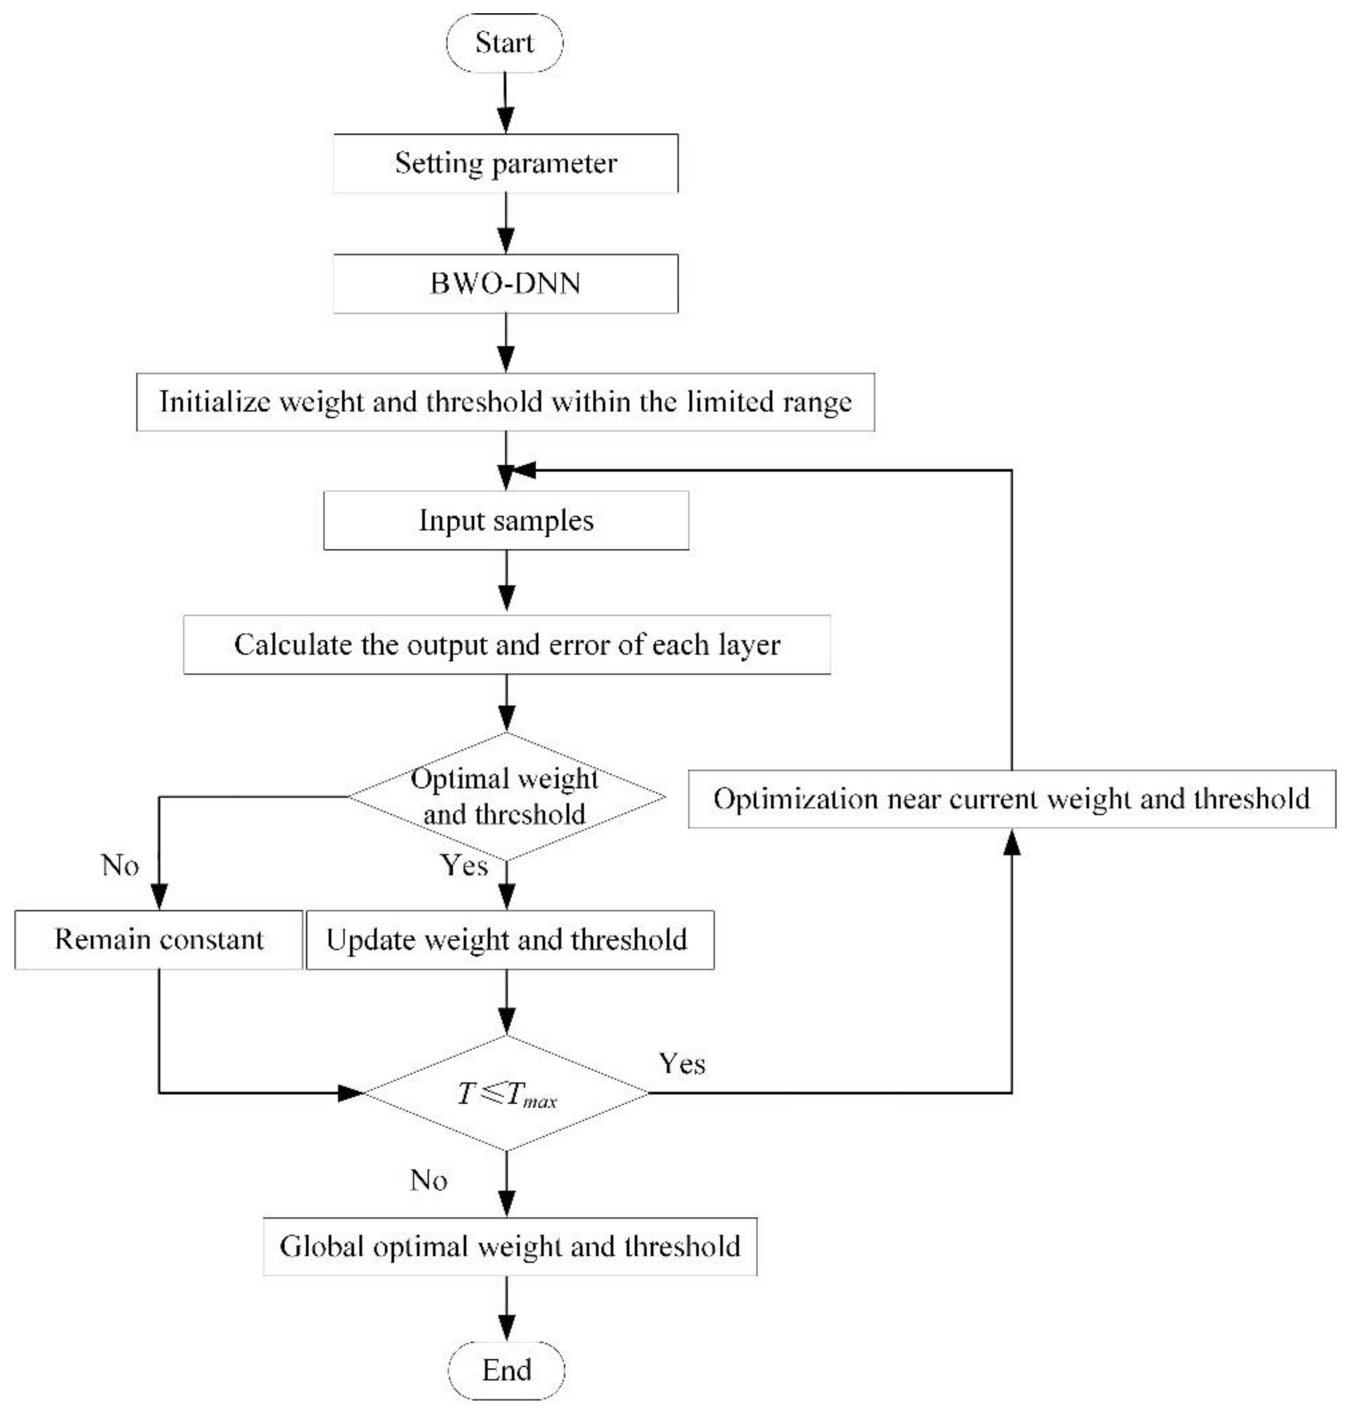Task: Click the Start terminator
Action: point(505,43)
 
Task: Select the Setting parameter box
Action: point(506,163)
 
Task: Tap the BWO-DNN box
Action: point(506,284)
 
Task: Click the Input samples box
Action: point(506,521)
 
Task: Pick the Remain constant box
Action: point(159,939)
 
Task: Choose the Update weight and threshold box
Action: point(510,939)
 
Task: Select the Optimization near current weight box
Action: point(1012,799)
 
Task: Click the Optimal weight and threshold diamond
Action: point(506,796)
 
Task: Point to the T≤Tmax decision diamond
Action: point(506,1094)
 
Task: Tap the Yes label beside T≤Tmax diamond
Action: point(682,1063)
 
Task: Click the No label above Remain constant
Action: point(120,865)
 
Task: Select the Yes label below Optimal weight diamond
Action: point(464,865)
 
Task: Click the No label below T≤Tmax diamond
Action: point(429,1180)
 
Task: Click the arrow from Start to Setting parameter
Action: point(506,102)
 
